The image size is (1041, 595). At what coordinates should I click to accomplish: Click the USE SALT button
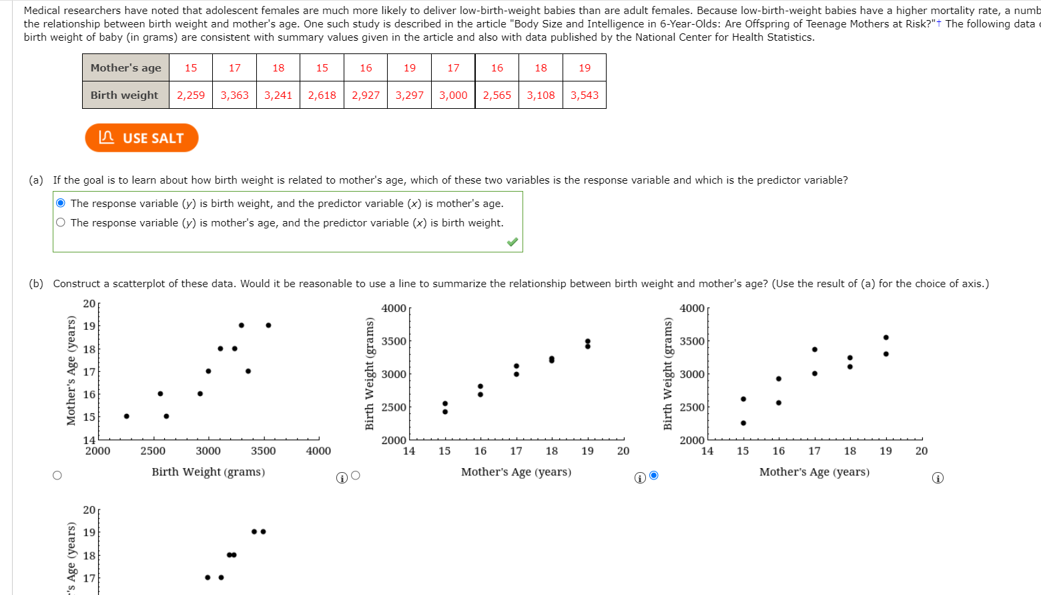(141, 138)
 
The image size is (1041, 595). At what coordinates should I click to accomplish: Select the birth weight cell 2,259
(191, 95)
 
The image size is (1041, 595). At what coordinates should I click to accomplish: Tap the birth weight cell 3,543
(585, 95)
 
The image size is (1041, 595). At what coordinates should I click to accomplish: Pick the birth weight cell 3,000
(453, 95)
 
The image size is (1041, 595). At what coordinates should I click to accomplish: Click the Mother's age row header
(125, 67)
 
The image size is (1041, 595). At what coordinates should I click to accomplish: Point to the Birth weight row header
(125, 95)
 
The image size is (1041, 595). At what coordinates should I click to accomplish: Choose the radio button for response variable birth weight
(61, 203)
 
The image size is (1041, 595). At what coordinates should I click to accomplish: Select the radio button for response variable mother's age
(61, 222)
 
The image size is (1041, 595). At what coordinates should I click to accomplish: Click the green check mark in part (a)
(512, 242)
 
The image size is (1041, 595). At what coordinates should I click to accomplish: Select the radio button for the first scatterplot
(57, 475)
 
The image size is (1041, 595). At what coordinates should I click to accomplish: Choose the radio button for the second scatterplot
(356, 475)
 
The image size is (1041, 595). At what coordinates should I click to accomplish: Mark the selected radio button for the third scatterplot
(654, 475)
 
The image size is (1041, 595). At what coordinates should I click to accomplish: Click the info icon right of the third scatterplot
(938, 477)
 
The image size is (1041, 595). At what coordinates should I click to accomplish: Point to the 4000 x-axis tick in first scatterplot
(318, 451)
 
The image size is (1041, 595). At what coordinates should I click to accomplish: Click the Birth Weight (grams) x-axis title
(208, 471)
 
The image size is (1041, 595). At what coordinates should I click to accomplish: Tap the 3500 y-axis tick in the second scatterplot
(394, 341)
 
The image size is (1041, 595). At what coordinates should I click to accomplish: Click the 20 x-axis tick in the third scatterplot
(922, 451)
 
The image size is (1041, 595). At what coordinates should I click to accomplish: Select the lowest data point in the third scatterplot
(743, 423)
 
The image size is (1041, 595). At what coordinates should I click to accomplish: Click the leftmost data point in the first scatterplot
(127, 416)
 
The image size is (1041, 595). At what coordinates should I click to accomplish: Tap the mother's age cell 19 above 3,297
(410, 67)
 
